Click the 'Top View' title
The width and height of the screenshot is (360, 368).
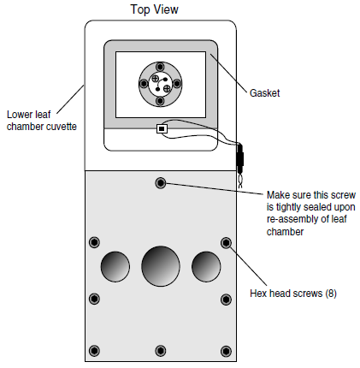click(155, 9)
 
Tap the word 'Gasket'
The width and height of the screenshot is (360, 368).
click(264, 93)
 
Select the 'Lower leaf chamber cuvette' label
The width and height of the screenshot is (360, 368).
click(42, 121)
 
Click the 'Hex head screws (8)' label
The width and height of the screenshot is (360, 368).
click(293, 294)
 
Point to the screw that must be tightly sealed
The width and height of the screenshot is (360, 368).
click(161, 183)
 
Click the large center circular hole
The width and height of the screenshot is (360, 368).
click(161, 266)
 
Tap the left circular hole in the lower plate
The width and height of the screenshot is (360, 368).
click(115, 266)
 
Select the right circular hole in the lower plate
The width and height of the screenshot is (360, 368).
click(206, 266)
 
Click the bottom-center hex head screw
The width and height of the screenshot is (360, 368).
click(161, 351)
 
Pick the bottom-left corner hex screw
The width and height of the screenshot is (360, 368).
click(94, 351)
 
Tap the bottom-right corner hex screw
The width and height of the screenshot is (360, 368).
click(226, 351)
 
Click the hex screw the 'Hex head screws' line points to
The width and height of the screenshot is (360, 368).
click(226, 243)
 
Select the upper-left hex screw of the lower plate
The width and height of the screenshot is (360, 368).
click(94, 242)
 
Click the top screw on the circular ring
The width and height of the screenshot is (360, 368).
click(160, 68)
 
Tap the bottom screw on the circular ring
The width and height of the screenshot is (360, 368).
click(160, 101)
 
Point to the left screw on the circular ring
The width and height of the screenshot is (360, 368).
click(144, 84)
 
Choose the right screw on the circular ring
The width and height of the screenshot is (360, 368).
click(177, 84)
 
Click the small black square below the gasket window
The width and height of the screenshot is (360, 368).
click(162, 128)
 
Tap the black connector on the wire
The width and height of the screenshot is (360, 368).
click(240, 157)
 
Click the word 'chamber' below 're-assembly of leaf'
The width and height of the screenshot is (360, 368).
click(285, 231)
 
